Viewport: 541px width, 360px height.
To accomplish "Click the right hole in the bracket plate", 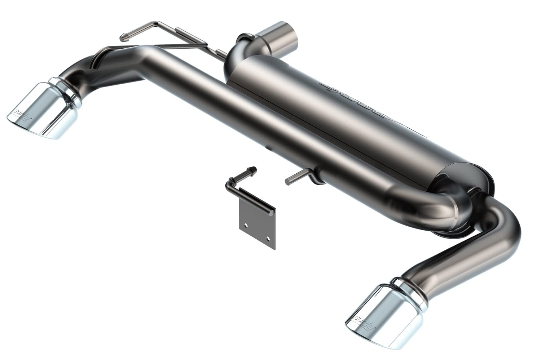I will [x=268, y=238].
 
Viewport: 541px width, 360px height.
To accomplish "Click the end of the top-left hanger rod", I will [x=123, y=36].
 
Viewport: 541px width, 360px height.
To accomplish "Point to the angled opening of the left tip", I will [x=22, y=119].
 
